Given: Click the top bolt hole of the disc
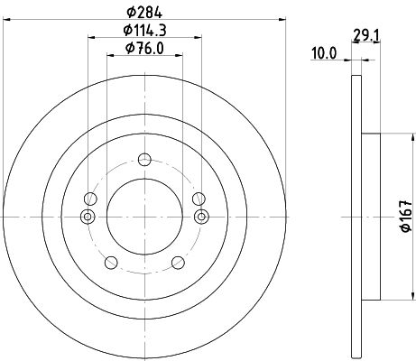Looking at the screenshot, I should point(144,161).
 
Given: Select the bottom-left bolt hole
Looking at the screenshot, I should point(112,263).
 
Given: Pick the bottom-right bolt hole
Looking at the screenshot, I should point(178,263).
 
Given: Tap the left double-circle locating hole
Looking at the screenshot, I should point(87,216).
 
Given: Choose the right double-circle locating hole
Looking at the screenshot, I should point(202,216).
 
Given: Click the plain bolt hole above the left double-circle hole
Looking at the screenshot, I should point(89,199).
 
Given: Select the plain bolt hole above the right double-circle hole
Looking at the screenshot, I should point(199,199).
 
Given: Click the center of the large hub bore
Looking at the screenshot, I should point(144,216).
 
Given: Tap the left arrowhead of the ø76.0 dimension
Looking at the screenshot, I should point(109,57).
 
